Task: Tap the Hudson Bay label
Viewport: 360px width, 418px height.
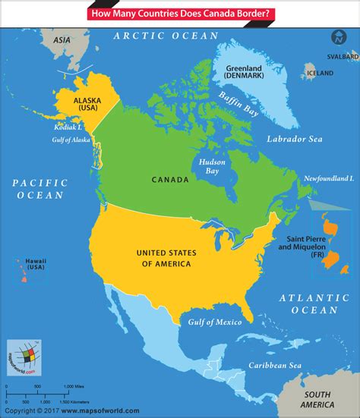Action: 210,166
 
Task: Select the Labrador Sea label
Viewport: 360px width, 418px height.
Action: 295,140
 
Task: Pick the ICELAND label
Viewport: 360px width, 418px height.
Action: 320,74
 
